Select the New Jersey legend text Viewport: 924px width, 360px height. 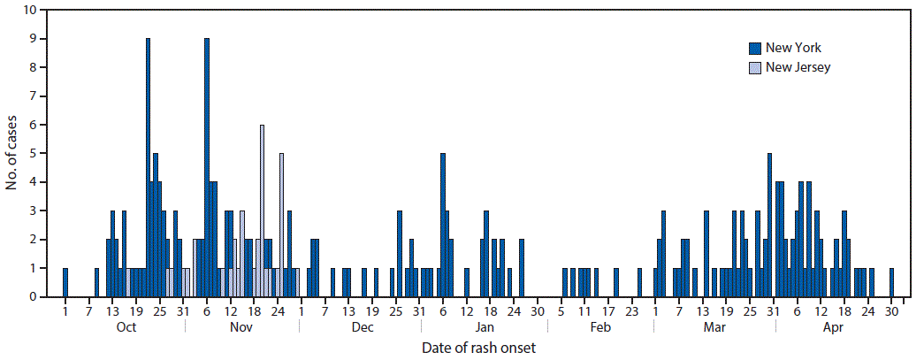pyautogui.click(x=798, y=67)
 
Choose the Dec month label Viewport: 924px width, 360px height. pyautogui.click(x=362, y=327)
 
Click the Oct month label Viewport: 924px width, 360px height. pyautogui.click(x=126, y=327)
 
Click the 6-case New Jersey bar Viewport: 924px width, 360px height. pyautogui.click(x=262, y=212)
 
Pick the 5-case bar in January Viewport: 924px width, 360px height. pyautogui.click(x=442, y=226)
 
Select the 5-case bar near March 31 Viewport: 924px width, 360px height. pyautogui.click(x=769, y=226)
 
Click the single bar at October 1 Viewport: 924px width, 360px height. pyautogui.click(x=65, y=283)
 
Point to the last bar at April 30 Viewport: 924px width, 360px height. pyautogui.click(x=891, y=283)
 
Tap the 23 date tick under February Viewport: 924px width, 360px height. pyautogui.click(x=631, y=311)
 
